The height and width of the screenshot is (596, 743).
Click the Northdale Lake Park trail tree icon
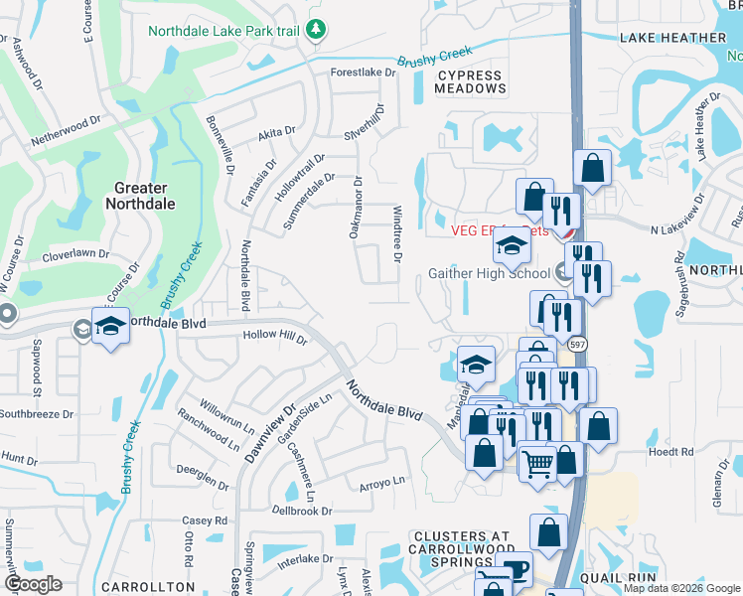(316, 30)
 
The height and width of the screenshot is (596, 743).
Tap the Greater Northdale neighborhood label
(145, 196)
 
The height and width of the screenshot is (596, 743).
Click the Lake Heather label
(672, 38)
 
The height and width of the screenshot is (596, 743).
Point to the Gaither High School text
(489, 273)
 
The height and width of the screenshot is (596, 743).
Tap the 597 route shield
(576, 344)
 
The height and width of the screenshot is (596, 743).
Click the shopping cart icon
(537, 460)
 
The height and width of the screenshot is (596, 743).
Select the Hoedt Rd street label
(671, 451)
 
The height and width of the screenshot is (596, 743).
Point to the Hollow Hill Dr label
(275, 337)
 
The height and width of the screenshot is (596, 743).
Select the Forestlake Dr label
(364, 72)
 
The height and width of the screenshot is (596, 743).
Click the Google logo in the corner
(33, 584)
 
